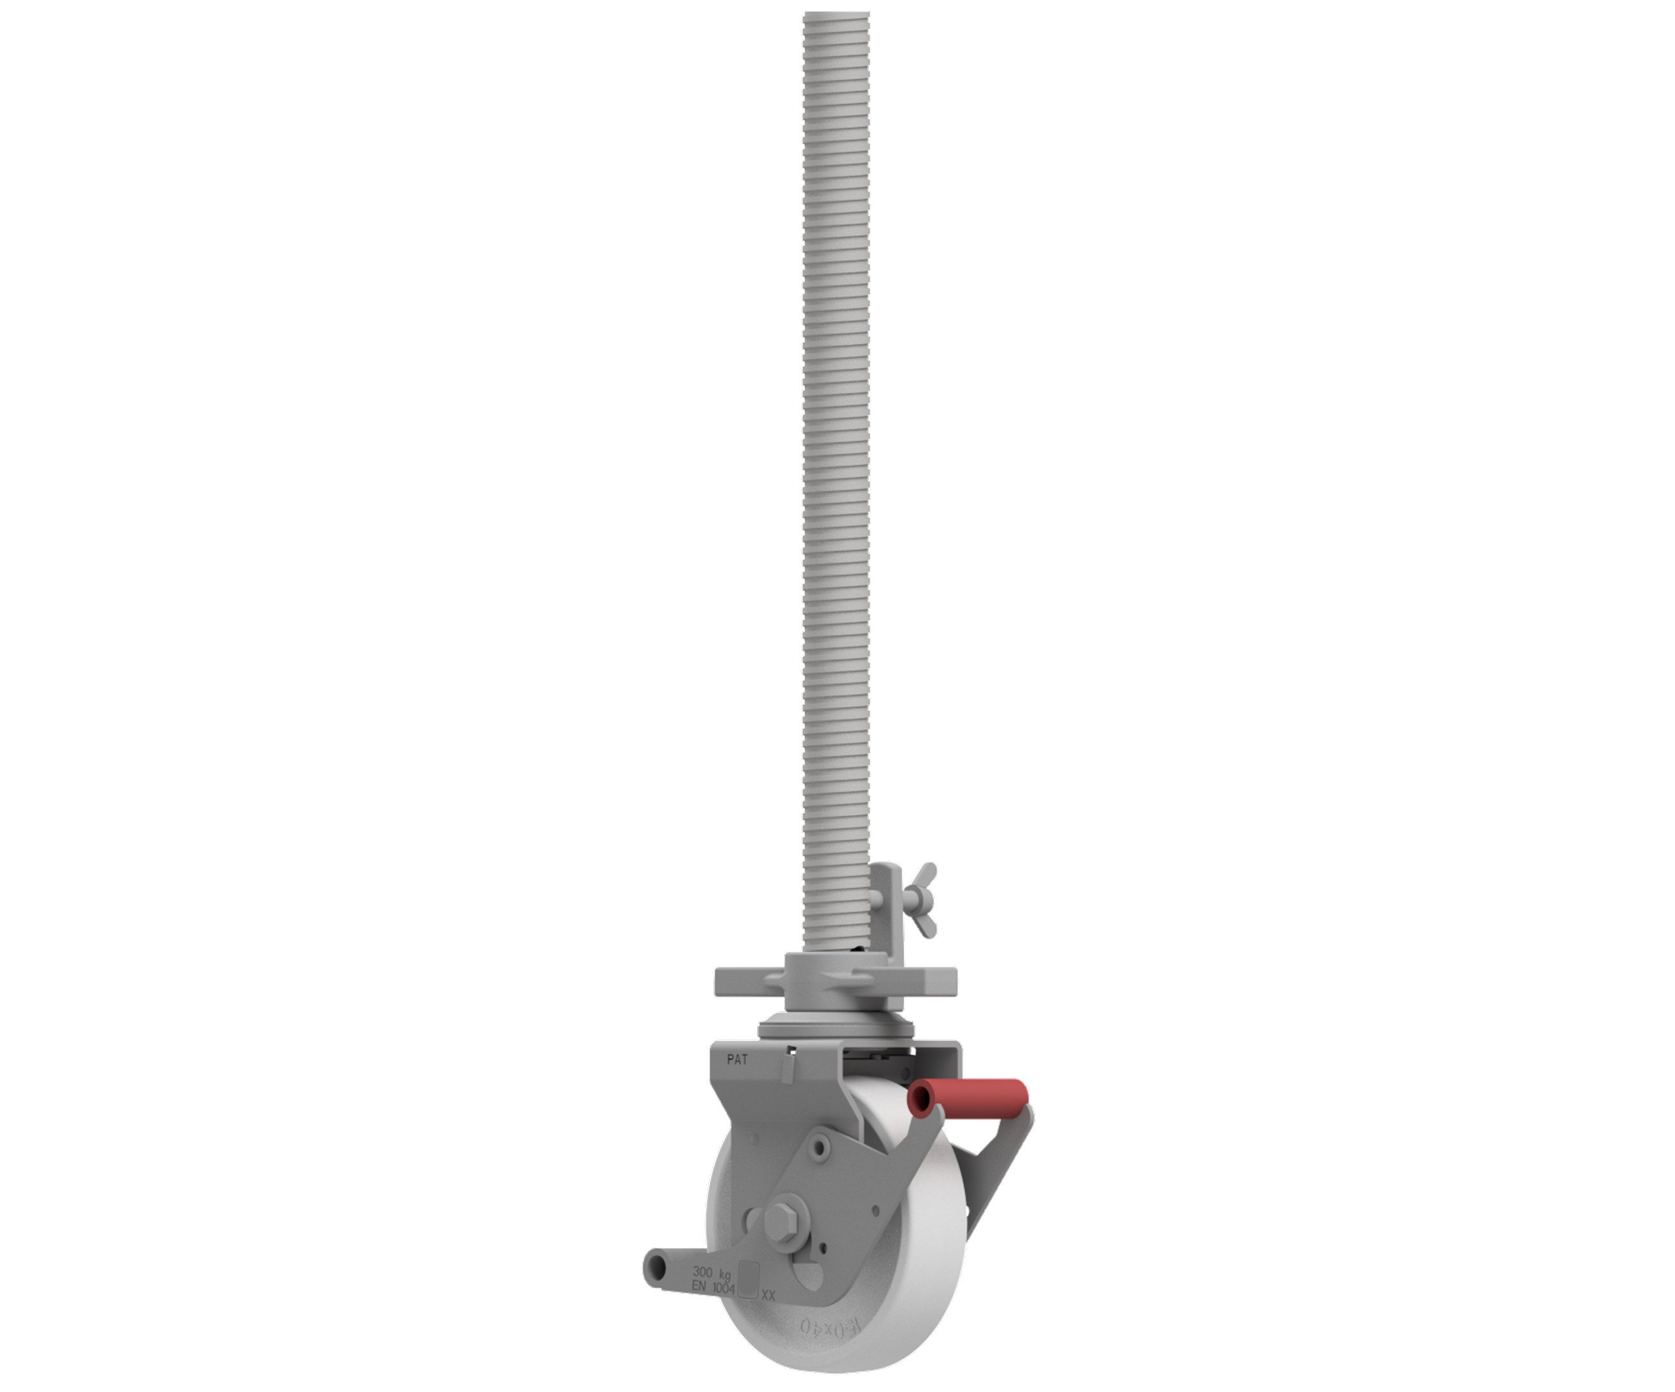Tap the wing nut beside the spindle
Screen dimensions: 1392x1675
click(921, 899)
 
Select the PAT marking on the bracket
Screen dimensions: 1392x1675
click(737, 1060)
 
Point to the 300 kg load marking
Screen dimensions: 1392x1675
click(711, 1272)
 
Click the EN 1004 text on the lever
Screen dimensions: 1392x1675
click(713, 1288)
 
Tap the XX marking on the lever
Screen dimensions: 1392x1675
click(768, 1296)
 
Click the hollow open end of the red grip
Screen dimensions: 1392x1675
click(921, 1100)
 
